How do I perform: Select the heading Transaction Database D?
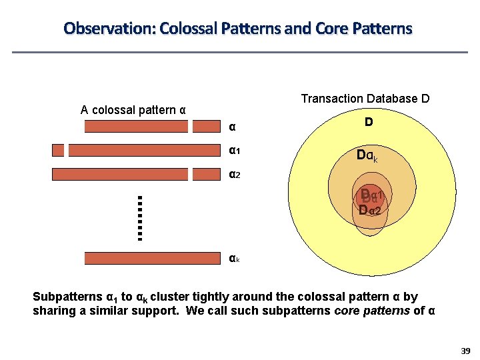tap(365, 99)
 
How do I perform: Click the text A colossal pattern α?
tap(133, 110)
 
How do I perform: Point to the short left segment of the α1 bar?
tap(58, 151)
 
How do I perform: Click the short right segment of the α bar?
tap(205, 127)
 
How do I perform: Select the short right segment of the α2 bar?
tap(205, 175)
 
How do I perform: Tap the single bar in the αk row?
tap(151, 258)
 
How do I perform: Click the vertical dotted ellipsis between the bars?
tap(140, 217)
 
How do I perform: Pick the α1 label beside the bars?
tap(234, 151)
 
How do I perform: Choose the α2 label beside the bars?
tap(234, 175)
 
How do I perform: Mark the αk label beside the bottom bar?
tap(234, 258)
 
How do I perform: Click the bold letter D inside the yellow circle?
tap(368, 123)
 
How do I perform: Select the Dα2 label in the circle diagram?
tap(369, 211)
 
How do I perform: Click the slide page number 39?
tap(465, 351)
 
